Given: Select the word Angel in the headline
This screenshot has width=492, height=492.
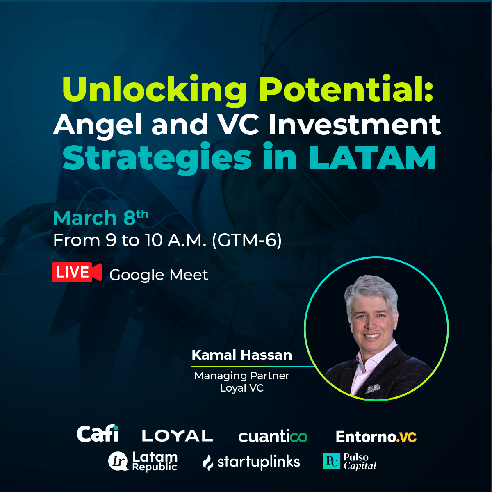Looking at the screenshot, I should [97, 125].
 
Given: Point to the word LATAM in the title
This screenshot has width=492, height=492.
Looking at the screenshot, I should [372, 158].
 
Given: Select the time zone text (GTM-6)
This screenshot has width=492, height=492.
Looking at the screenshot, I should [247, 240].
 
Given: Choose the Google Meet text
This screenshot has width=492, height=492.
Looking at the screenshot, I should [159, 275].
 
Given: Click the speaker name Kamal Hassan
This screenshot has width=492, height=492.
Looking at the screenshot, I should [241, 355].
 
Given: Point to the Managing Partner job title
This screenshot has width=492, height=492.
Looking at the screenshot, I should [241, 376].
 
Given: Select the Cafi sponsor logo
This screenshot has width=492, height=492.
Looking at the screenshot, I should [98, 434].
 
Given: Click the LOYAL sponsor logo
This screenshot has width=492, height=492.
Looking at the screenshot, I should [177, 436].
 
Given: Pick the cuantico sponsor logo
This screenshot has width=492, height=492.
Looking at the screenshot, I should [273, 437].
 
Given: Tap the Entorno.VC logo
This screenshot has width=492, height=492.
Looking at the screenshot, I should [376, 437].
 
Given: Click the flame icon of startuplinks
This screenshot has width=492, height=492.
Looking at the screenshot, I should [208, 463].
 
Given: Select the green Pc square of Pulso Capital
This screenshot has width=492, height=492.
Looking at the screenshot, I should [331, 461].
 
